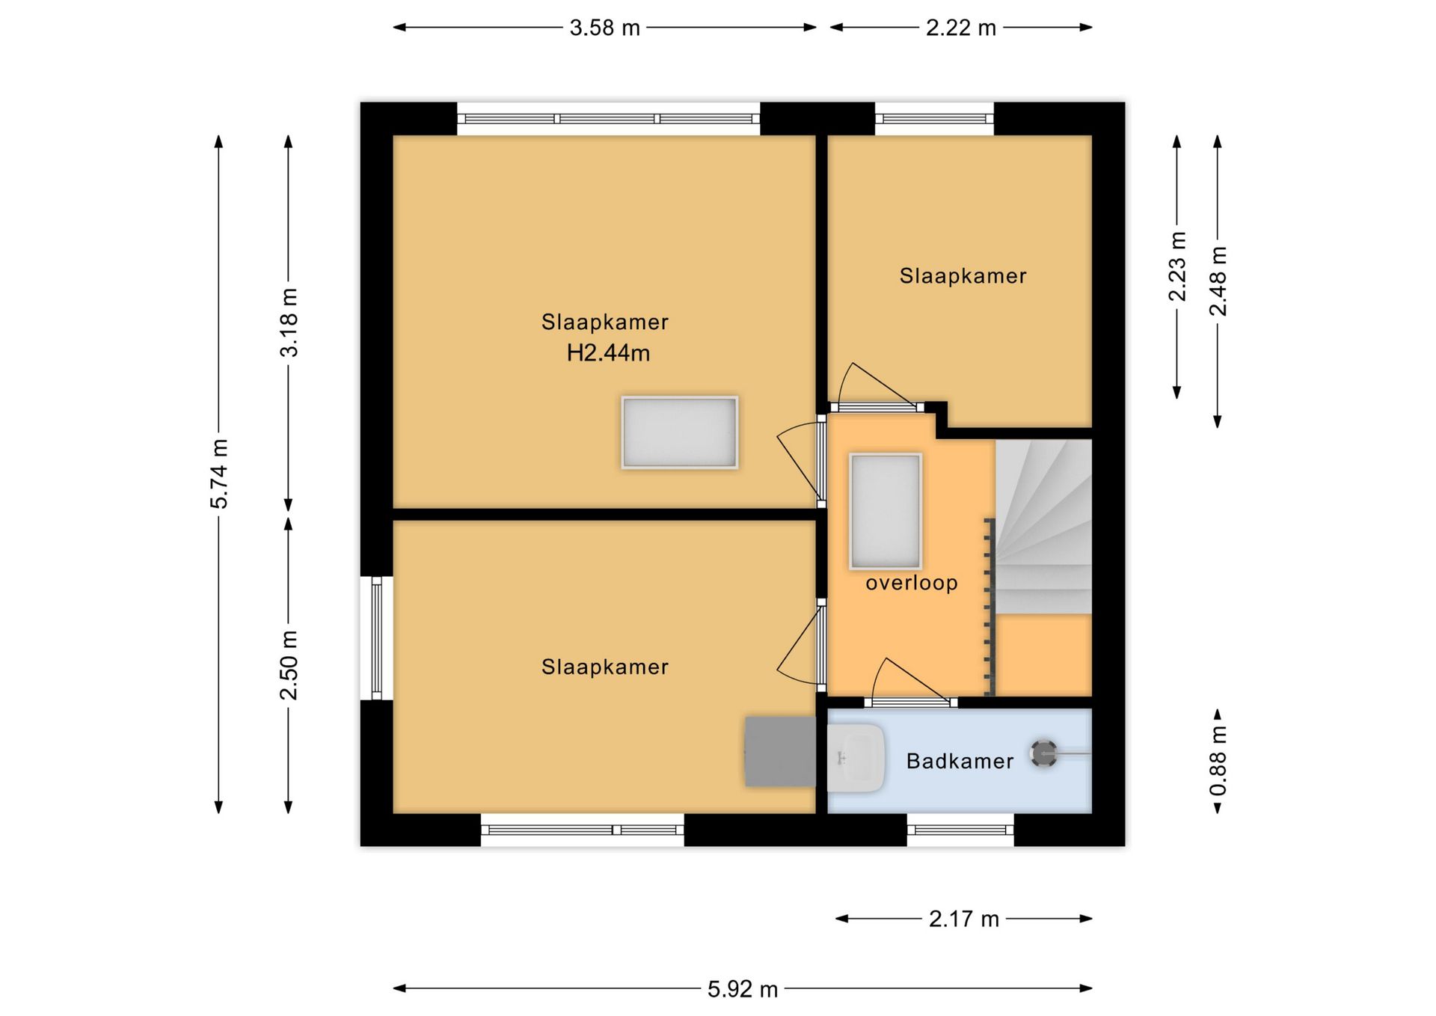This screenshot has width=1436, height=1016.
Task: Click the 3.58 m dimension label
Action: pos(604,28)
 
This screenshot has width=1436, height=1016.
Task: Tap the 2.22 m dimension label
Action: pos(960,28)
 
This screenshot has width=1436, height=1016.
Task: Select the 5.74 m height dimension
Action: pos(218,474)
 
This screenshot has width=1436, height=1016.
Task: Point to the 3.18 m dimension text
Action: pos(289,322)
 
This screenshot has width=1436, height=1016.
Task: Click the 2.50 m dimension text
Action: pos(289,665)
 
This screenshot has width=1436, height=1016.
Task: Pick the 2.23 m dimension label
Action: pos(1177,266)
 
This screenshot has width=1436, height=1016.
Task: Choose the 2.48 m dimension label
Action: pos(1218,281)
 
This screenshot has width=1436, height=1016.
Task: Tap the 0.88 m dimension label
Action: pos(1218,761)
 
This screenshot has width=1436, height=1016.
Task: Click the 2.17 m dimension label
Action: pos(963,919)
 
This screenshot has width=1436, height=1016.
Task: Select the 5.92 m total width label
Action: pos(743,989)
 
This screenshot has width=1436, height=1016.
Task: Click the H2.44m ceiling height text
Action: pos(608,352)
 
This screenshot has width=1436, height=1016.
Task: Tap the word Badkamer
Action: pos(960,761)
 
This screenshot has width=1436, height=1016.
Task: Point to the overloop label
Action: pos(912,583)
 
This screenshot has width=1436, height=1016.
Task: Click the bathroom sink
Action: pos(856,758)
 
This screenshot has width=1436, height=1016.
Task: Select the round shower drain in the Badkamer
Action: pos(1043,753)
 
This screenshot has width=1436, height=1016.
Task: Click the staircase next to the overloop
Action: pos(1043,527)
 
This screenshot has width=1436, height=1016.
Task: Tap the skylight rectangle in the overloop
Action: pos(886,512)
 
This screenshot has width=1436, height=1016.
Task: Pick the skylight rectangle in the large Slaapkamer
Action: pos(679,433)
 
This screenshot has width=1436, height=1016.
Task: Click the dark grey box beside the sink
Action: pos(780,752)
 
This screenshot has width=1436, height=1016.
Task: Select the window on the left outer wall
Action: pos(377,638)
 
